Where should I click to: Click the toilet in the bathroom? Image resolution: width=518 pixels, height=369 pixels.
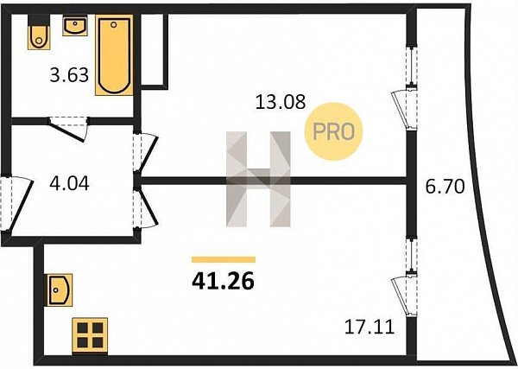tap(39, 32)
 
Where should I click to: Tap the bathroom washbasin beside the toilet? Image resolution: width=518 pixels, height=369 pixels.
tap(75, 26)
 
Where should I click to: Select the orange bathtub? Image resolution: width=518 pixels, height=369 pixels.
tap(114, 55)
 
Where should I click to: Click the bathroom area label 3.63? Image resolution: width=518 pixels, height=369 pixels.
tap(69, 74)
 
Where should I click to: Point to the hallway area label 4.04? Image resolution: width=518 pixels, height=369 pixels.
tap(69, 183)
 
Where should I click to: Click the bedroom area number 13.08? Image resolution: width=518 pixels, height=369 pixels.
tap(281, 102)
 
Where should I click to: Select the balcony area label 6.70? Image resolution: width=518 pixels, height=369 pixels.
tap(445, 187)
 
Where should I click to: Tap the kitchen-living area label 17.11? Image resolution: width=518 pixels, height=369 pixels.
tap(370, 327)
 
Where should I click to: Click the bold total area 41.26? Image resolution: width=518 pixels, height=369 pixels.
tap(224, 282)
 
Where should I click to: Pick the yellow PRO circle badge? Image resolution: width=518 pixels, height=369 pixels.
tap(333, 131)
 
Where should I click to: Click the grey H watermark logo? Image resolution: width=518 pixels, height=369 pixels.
tap(258, 179)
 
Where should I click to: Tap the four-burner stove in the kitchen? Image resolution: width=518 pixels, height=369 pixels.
tap(90, 335)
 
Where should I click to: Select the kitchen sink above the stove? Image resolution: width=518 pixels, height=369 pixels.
tap(60, 290)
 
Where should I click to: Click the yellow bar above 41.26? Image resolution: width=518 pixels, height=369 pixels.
tap(224, 259)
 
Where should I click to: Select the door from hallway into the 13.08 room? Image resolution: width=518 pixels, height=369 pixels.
tap(146, 152)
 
